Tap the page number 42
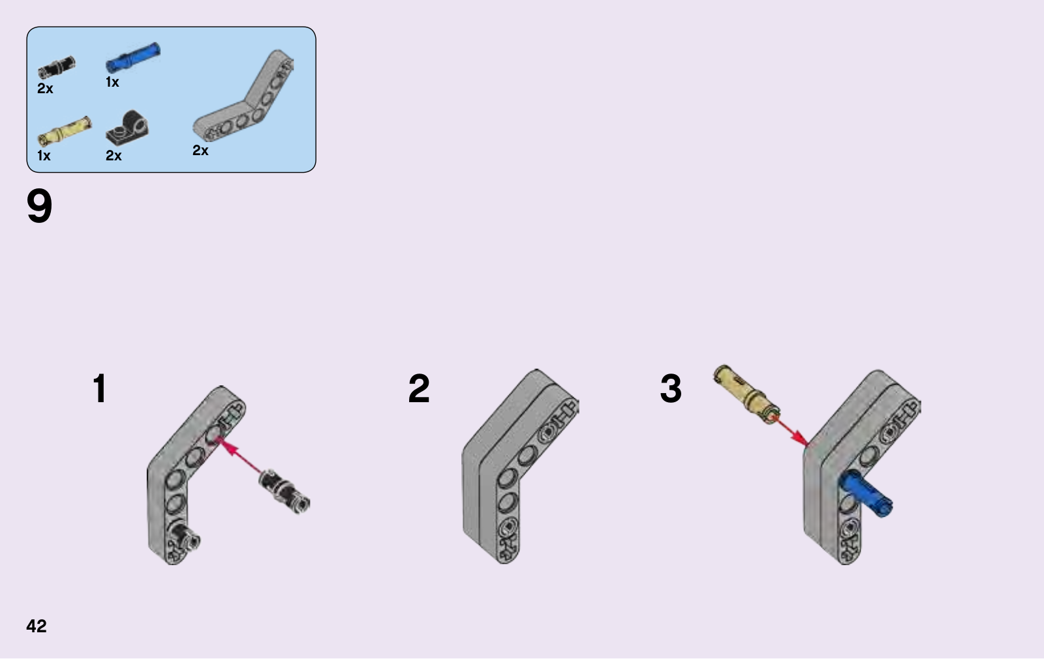(x=37, y=626)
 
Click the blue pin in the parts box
(x=133, y=57)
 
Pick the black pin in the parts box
(x=56, y=67)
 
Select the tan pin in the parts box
(x=65, y=131)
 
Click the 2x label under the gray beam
(x=200, y=151)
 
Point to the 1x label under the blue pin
(x=112, y=82)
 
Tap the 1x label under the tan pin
(x=44, y=156)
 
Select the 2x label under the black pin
(x=45, y=89)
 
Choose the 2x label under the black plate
(x=114, y=156)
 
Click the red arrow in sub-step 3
(x=790, y=431)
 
